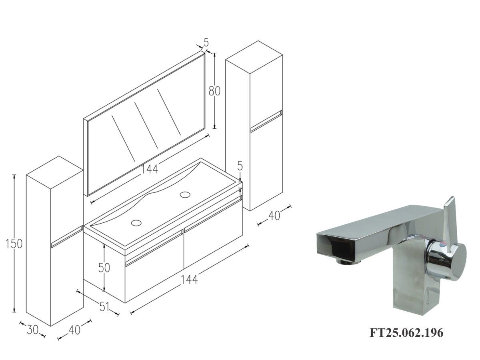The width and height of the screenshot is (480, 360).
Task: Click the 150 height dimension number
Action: (x=14, y=244)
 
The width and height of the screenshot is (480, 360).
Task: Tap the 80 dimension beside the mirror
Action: (x=214, y=91)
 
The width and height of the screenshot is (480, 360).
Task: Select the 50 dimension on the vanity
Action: (x=104, y=268)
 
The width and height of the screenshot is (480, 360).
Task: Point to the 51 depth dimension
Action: (x=104, y=306)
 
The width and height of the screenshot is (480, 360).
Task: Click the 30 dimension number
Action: (x=32, y=330)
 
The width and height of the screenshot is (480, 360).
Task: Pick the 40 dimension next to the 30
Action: (x=74, y=330)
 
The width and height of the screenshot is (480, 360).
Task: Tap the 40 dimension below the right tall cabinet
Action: (x=274, y=216)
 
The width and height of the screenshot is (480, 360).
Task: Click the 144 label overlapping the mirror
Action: (x=150, y=169)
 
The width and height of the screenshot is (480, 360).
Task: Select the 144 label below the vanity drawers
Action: (x=189, y=279)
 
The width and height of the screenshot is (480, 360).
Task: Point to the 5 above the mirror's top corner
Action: (x=206, y=42)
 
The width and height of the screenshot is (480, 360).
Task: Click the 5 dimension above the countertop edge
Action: (x=240, y=166)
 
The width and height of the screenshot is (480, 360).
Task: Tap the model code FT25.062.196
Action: (x=406, y=333)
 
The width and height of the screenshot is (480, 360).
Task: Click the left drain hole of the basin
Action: (x=136, y=223)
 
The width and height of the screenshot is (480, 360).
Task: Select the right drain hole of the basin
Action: (x=185, y=194)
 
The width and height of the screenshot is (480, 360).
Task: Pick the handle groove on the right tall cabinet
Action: (x=266, y=121)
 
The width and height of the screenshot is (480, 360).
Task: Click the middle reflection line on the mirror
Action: (x=146, y=125)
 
